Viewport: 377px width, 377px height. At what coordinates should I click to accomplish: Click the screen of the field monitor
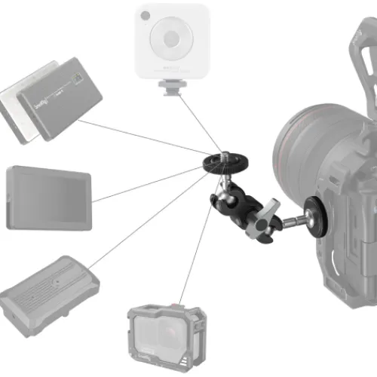tap(48, 198)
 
